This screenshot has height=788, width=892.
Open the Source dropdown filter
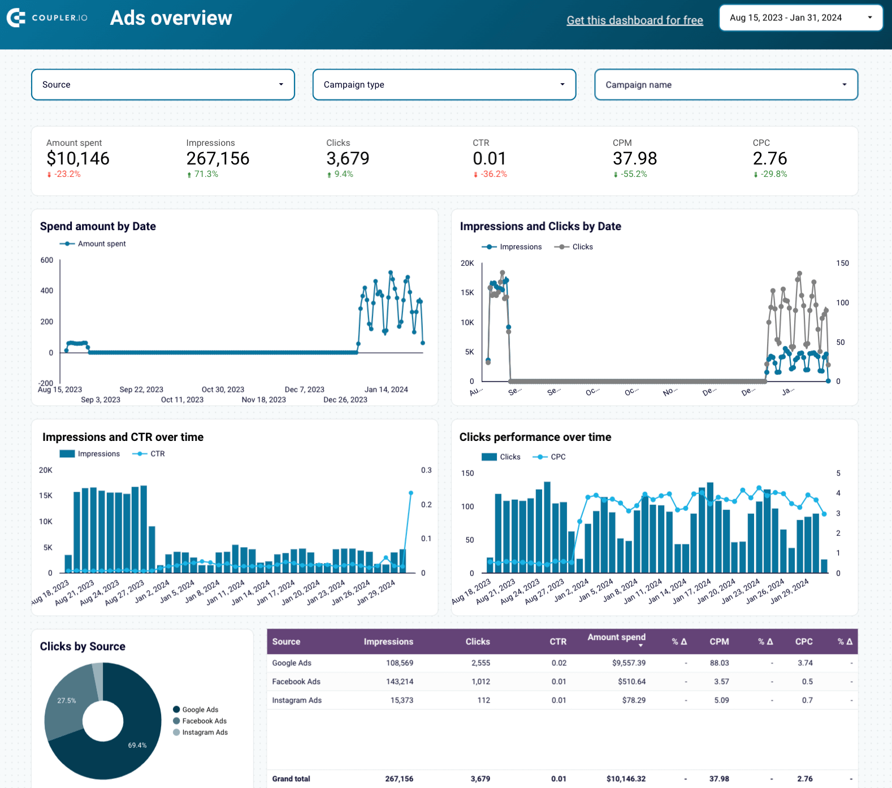pyautogui.click(x=163, y=85)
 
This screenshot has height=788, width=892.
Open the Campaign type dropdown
pyautogui.click(x=444, y=85)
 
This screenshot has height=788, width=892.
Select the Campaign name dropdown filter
pyautogui.click(x=726, y=85)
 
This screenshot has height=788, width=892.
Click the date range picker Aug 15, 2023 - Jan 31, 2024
pyautogui.click(x=800, y=18)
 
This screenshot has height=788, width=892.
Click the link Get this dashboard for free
pyautogui.click(x=635, y=20)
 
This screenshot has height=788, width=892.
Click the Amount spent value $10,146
pyautogui.click(x=78, y=159)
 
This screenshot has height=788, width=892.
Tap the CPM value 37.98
pyautogui.click(x=635, y=159)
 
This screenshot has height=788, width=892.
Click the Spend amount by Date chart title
pyautogui.click(x=98, y=226)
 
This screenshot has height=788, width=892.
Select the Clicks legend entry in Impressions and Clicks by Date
pyautogui.click(x=582, y=247)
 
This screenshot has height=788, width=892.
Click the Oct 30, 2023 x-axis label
pyautogui.click(x=223, y=389)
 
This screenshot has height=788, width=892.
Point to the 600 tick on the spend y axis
pyautogui.click(x=47, y=260)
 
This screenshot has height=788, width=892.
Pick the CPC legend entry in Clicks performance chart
pyautogui.click(x=557, y=457)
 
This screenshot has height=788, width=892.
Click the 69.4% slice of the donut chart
pyautogui.click(x=137, y=745)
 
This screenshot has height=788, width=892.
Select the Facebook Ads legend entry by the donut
pyautogui.click(x=204, y=721)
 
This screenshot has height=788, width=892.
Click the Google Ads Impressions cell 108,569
pyautogui.click(x=400, y=663)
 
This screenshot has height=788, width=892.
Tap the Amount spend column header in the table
pyautogui.click(x=616, y=638)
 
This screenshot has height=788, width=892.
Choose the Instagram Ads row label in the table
pyautogui.click(x=297, y=700)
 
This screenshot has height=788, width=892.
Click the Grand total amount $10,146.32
pyautogui.click(x=626, y=779)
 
